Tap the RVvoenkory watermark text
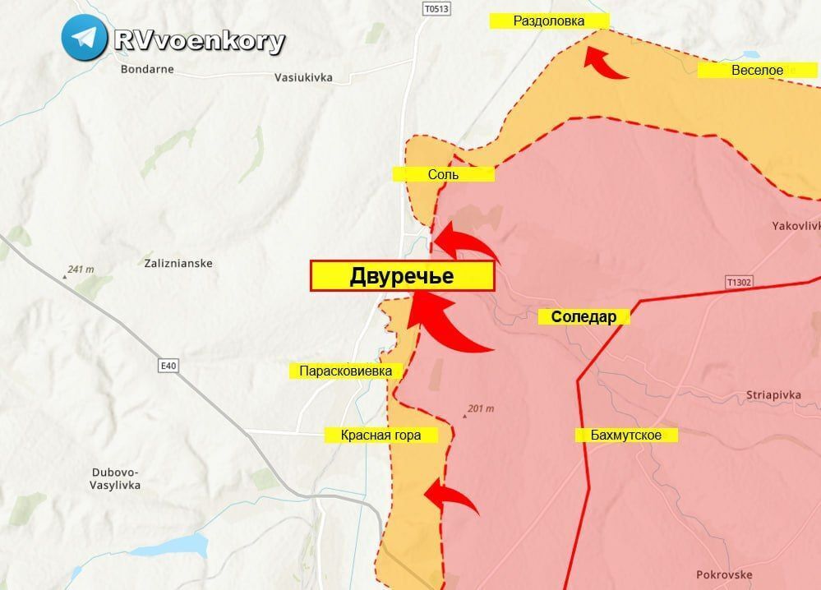[x=200, y=40]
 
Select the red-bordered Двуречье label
[x=402, y=276]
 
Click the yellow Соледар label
[x=583, y=317]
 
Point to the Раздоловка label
[x=549, y=21]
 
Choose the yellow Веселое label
[x=757, y=71]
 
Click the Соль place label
[x=443, y=174]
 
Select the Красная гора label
[x=381, y=435]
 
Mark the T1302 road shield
[x=740, y=282]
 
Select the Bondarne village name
[x=146, y=69]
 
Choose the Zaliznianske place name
[x=178, y=264]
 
